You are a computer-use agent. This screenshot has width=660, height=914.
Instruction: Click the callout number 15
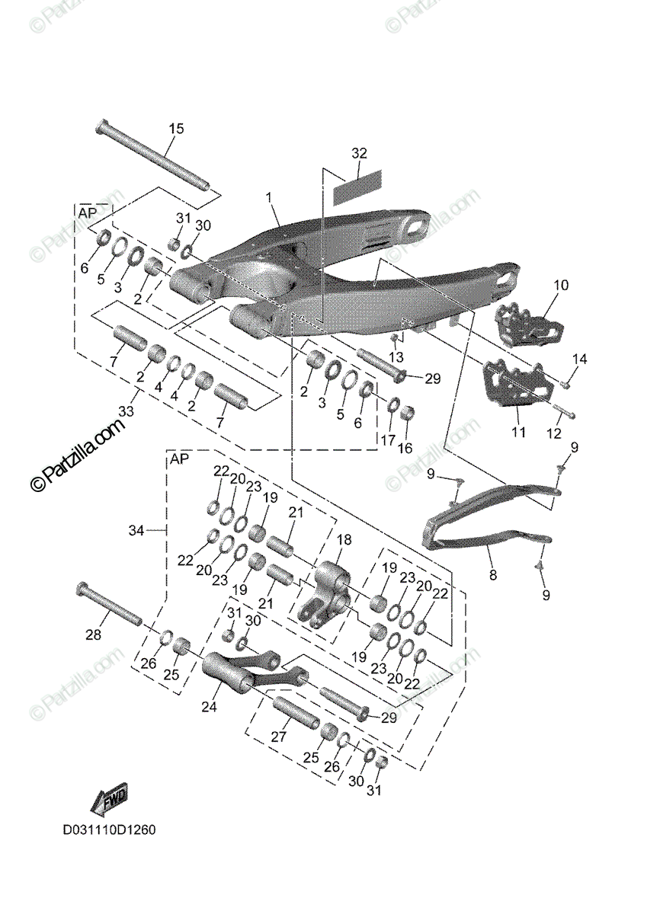(x=176, y=129)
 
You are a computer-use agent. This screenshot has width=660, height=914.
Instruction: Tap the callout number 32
(x=359, y=153)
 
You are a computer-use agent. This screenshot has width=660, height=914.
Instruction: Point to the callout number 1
(x=268, y=197)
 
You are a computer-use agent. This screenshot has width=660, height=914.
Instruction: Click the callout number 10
(x=561, y=286)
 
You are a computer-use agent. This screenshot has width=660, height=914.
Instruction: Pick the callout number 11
(x=518, y=433)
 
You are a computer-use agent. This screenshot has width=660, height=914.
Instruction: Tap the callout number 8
(x=492, y=576)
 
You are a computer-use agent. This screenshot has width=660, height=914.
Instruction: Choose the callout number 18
(x=344, y=540)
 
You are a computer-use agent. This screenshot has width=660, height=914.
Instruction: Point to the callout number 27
(x=278, y=738)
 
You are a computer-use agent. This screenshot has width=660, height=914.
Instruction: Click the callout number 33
(x=126, y=411)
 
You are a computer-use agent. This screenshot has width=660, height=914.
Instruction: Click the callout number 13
(x=395, y=357)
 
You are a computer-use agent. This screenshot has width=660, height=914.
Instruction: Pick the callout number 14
(x=581, y=359)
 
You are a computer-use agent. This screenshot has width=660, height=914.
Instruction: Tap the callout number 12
(x=553, y=433)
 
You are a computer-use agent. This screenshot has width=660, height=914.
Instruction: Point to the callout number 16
(x=405, y=447)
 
